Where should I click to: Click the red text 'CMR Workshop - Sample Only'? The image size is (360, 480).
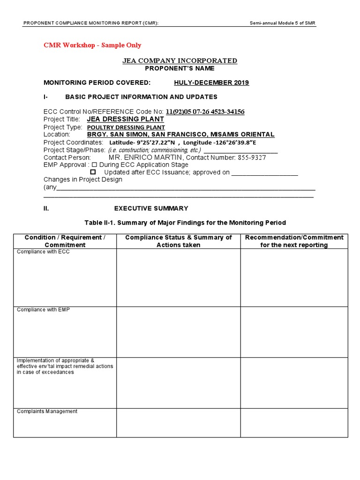coord(92,45)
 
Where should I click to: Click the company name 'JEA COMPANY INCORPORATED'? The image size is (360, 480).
coord(180,60)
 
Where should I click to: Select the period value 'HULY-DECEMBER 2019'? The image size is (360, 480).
coord(211,83)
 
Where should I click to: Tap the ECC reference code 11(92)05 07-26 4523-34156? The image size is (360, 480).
coord(205,112)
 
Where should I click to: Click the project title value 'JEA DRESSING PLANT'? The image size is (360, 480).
coord(126,119)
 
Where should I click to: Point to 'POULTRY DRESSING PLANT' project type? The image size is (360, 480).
coord(126,127)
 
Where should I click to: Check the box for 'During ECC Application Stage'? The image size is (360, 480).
coord(94,165)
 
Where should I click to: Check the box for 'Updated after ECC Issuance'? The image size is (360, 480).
coord(93,172)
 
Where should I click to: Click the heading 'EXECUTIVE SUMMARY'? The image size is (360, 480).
coord(151,209)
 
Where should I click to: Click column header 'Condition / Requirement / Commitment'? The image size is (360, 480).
coord(65,241)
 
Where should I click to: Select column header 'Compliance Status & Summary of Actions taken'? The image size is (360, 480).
coord(178,241)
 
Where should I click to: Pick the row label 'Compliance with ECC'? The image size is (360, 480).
coord(43,252)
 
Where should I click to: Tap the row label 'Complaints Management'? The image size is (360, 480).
coord(47,412)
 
